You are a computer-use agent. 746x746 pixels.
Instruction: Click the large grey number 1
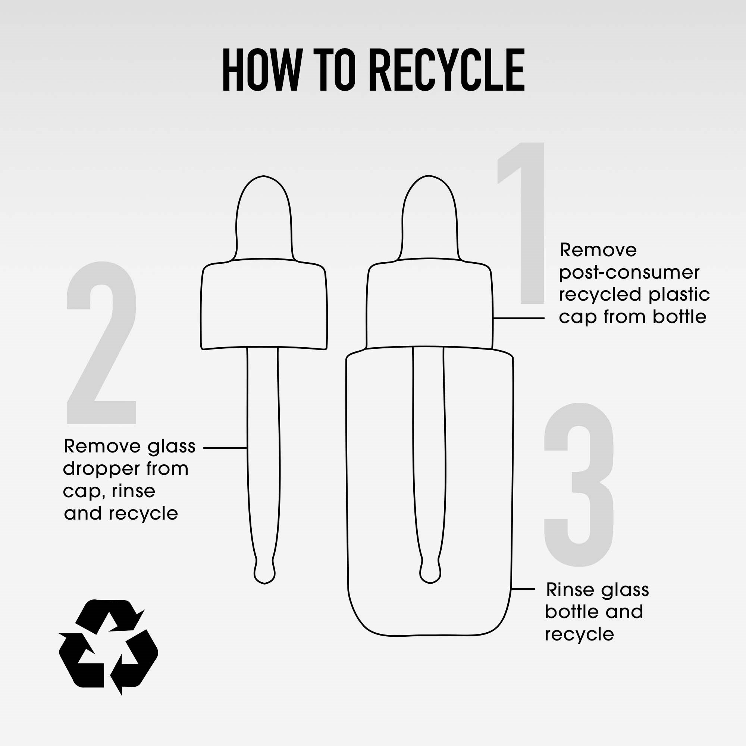tap(521, 223)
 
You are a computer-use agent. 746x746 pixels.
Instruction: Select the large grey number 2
tap(101, 343)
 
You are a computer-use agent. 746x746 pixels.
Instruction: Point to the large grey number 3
tap(579, 485)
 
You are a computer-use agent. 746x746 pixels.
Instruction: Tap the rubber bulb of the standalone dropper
tap(264, 218)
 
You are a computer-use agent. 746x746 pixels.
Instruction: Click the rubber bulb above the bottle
tap(429, 218)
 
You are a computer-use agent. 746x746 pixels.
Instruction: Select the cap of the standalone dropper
tap(264, 304)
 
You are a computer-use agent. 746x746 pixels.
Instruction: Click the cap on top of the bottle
tap(429, 304)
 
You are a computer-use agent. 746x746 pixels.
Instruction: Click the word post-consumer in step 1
tap(629, 273)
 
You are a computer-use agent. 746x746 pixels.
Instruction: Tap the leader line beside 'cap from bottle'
tap(519, 318)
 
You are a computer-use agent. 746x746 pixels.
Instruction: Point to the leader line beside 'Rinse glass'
tap(523, 589)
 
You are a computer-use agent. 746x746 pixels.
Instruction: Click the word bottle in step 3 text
tap(572, 612)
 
